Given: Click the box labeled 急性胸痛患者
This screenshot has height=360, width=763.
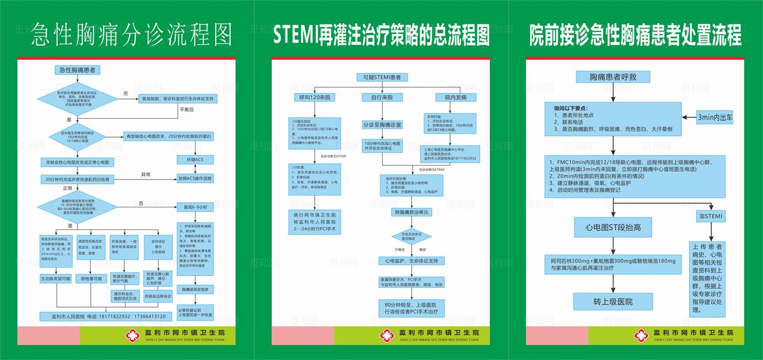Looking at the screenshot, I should [77, 70].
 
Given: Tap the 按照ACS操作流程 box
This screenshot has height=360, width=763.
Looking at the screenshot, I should [196, 178].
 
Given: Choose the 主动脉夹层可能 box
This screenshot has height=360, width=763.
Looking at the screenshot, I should [55, 278].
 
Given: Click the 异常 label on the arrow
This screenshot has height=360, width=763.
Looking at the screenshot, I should [146, 174].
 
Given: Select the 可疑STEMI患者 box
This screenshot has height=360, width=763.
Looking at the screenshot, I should [381, 77].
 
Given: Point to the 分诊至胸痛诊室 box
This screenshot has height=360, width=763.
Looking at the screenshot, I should [382, 125].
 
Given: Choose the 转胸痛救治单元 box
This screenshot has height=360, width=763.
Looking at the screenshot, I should [411, 212].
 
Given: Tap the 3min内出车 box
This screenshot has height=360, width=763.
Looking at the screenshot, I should [715, 118].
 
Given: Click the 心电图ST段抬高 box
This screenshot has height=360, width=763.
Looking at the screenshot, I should [613, 227].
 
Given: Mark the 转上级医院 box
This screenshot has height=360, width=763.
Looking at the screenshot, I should [613, 302].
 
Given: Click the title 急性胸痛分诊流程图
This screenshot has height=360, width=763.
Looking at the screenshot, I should [132, 35].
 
